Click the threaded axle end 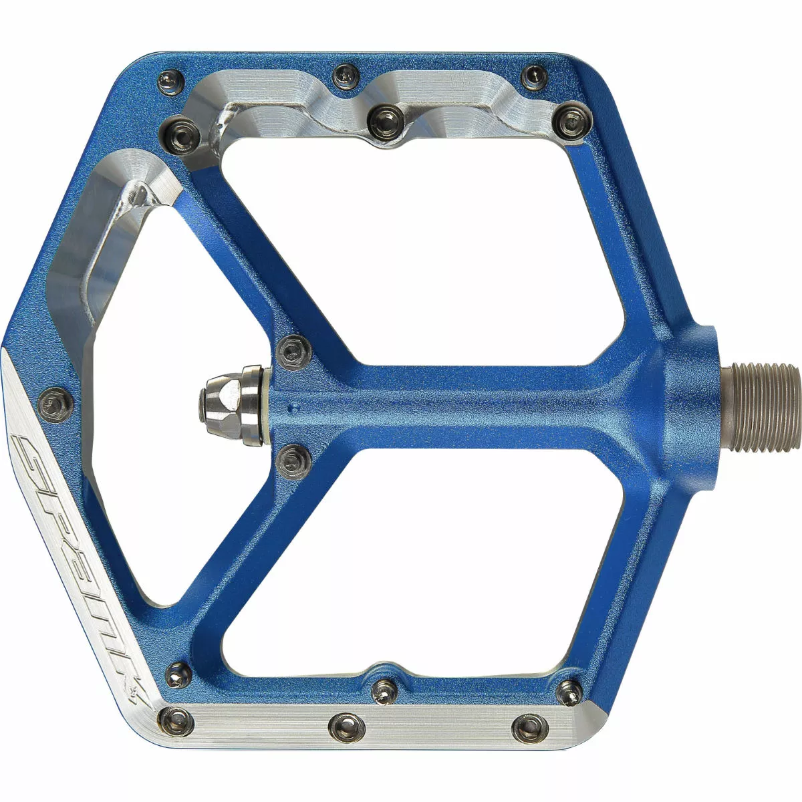coord(765,408)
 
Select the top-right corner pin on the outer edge coord(535,78)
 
